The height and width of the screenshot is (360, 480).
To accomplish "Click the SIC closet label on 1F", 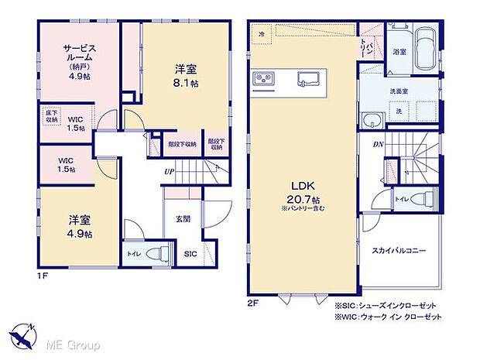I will [x=190, y=253].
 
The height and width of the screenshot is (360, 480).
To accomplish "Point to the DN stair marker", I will [x=379, y=145].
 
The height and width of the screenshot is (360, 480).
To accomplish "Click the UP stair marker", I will [x=168, y=172].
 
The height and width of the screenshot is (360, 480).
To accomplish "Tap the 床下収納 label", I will [x=50, y=117].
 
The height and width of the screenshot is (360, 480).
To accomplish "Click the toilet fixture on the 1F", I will [x=153, y=252].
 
